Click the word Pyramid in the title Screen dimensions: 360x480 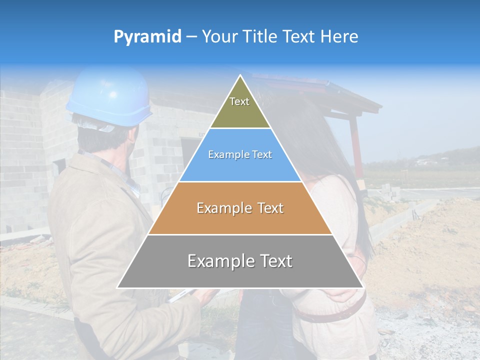(x=147, y=36)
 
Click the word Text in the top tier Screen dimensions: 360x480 (x=239, y=101)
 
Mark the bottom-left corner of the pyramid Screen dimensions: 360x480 (x=117, y=288)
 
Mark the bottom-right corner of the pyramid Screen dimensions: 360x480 (x=363, y=288)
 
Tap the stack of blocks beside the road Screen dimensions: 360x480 (x=388, y=190)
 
